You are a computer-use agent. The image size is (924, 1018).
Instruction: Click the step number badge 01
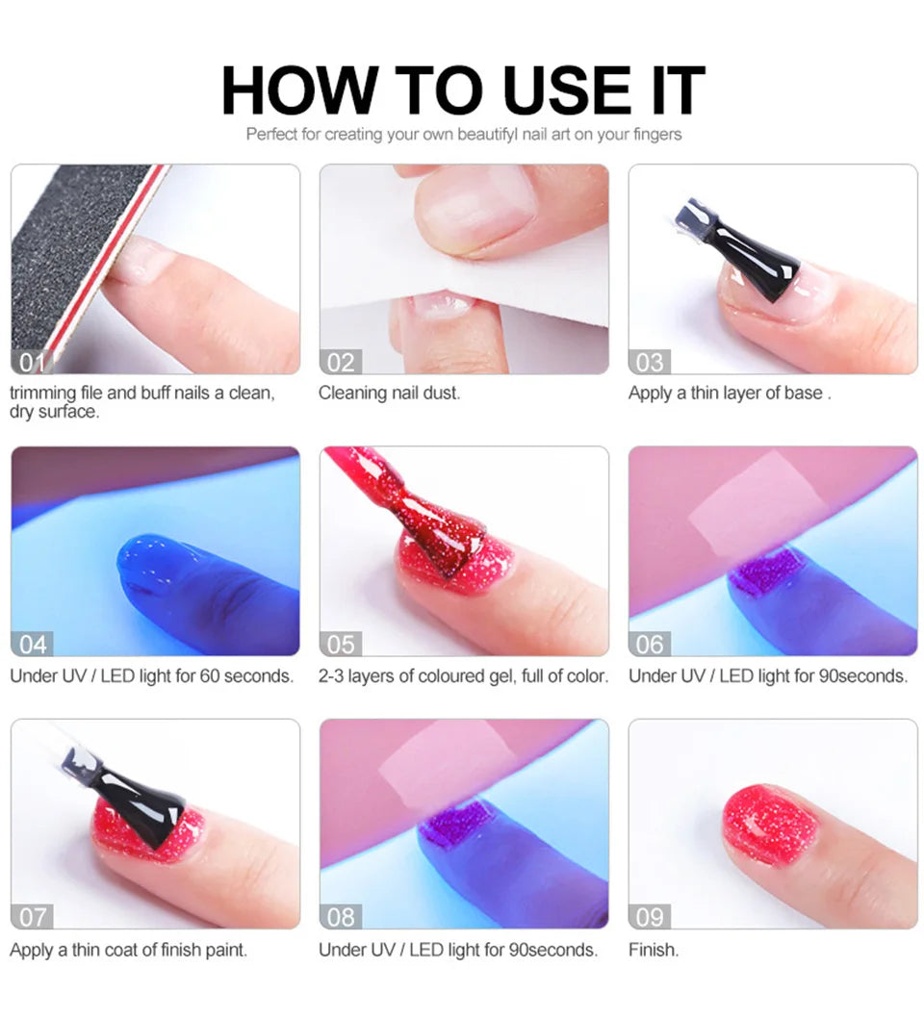31,363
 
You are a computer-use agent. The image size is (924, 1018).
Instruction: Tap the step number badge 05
341,644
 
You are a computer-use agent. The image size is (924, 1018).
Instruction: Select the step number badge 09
650,916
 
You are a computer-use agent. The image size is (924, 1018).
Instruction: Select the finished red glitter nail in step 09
770,826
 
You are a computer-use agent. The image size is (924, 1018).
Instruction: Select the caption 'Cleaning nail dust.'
389,393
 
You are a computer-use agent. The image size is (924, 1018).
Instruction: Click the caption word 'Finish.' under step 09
654,950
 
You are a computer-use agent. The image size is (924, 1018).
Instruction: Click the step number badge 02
341,363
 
